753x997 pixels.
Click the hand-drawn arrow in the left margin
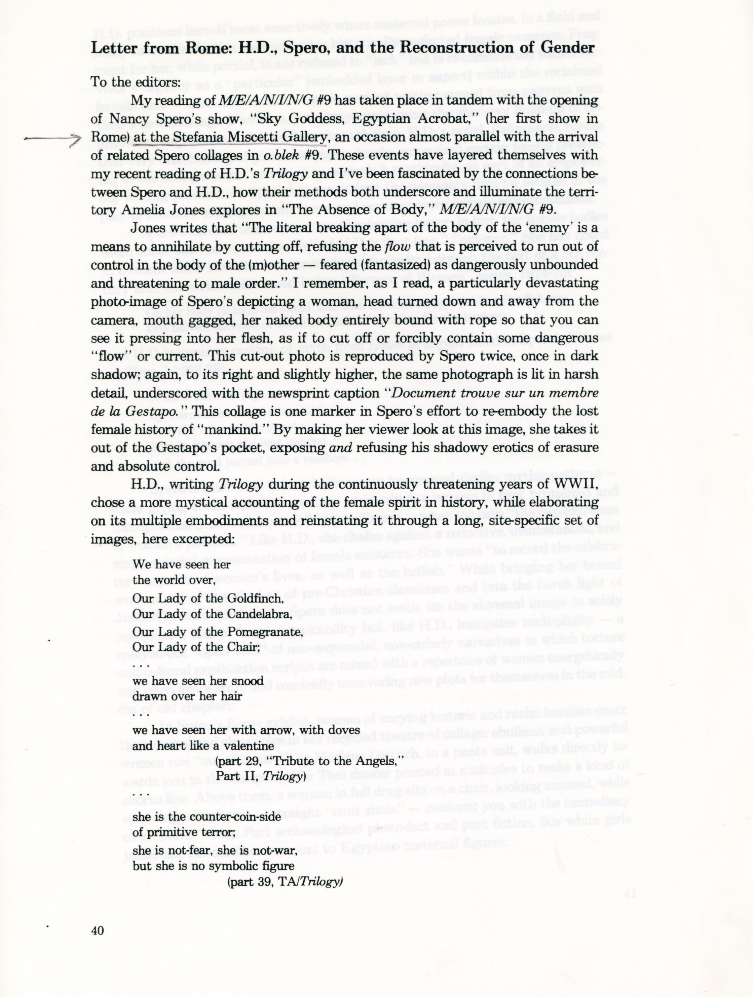point(52,140)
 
